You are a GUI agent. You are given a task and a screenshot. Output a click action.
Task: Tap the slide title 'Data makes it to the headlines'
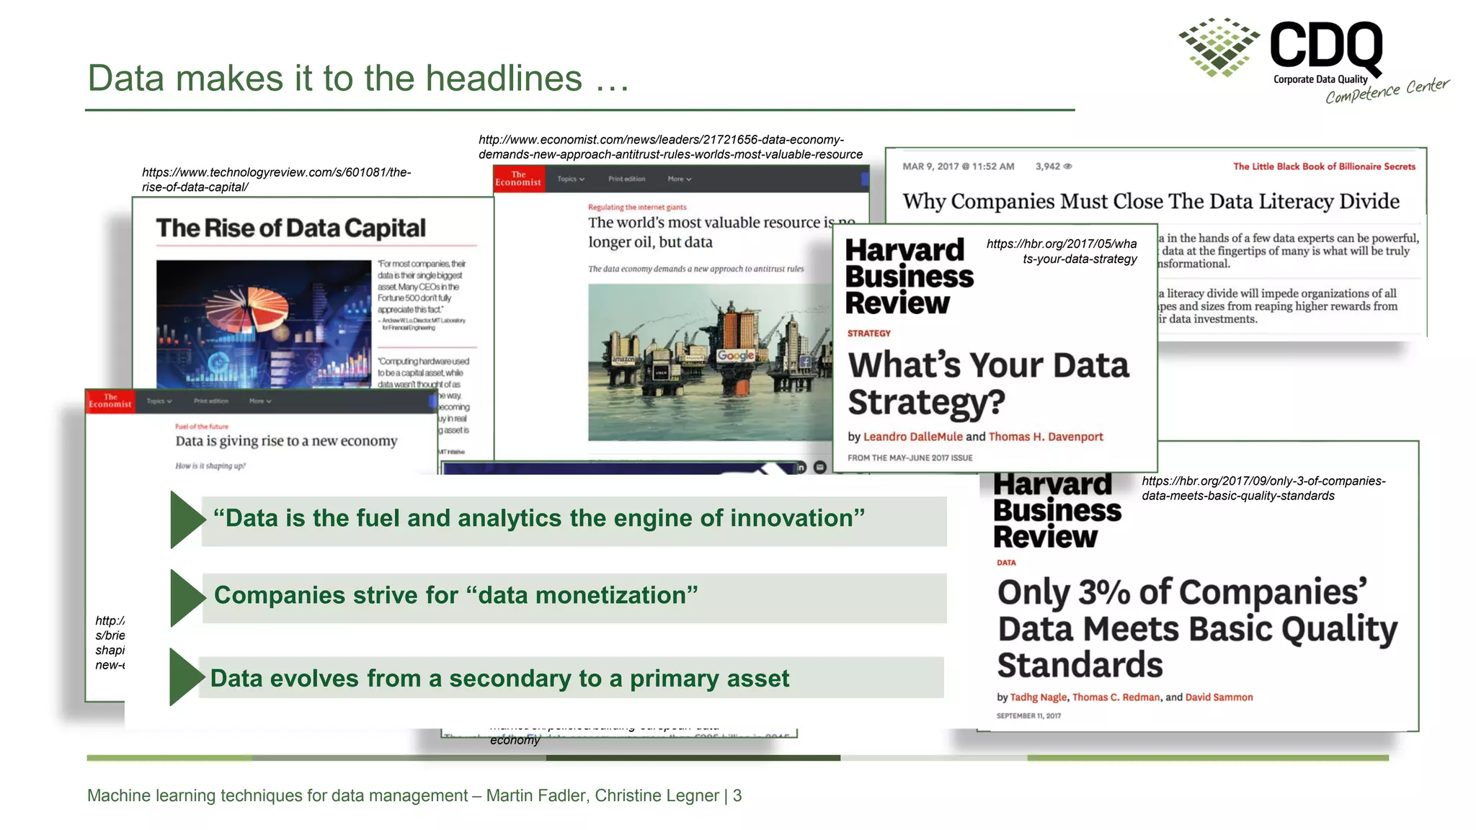coord(358,79)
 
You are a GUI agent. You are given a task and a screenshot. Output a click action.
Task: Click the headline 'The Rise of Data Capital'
coord(290,228)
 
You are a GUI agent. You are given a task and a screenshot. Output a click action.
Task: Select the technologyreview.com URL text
coord(276,179)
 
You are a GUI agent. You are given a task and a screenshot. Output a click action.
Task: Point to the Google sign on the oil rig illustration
coord(735,355)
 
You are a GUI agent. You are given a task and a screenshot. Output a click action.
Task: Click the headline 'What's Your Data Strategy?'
coord(987,383)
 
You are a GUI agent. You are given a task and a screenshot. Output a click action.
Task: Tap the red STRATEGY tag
coord(868,334)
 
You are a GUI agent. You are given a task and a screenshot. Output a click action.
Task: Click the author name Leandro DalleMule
coord(912,437)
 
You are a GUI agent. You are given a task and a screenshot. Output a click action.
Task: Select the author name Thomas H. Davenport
coord(1045,437)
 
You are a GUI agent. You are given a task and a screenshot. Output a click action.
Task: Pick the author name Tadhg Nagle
coord(1038,697)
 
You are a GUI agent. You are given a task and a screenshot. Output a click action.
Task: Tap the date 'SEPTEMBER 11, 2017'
coord(1028,716)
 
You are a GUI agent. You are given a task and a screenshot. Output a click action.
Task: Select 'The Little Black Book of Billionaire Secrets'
coord(1324,166)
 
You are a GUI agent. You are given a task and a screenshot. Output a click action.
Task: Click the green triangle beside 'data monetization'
coord(186,597)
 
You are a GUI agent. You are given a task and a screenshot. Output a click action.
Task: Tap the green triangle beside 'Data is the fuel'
coord(186,519)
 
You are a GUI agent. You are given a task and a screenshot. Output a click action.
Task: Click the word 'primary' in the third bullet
coord(674,679)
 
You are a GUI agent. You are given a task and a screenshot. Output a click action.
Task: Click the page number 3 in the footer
coord(737,795)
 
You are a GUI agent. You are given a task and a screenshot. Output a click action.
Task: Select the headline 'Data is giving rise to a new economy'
coord(286,441)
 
